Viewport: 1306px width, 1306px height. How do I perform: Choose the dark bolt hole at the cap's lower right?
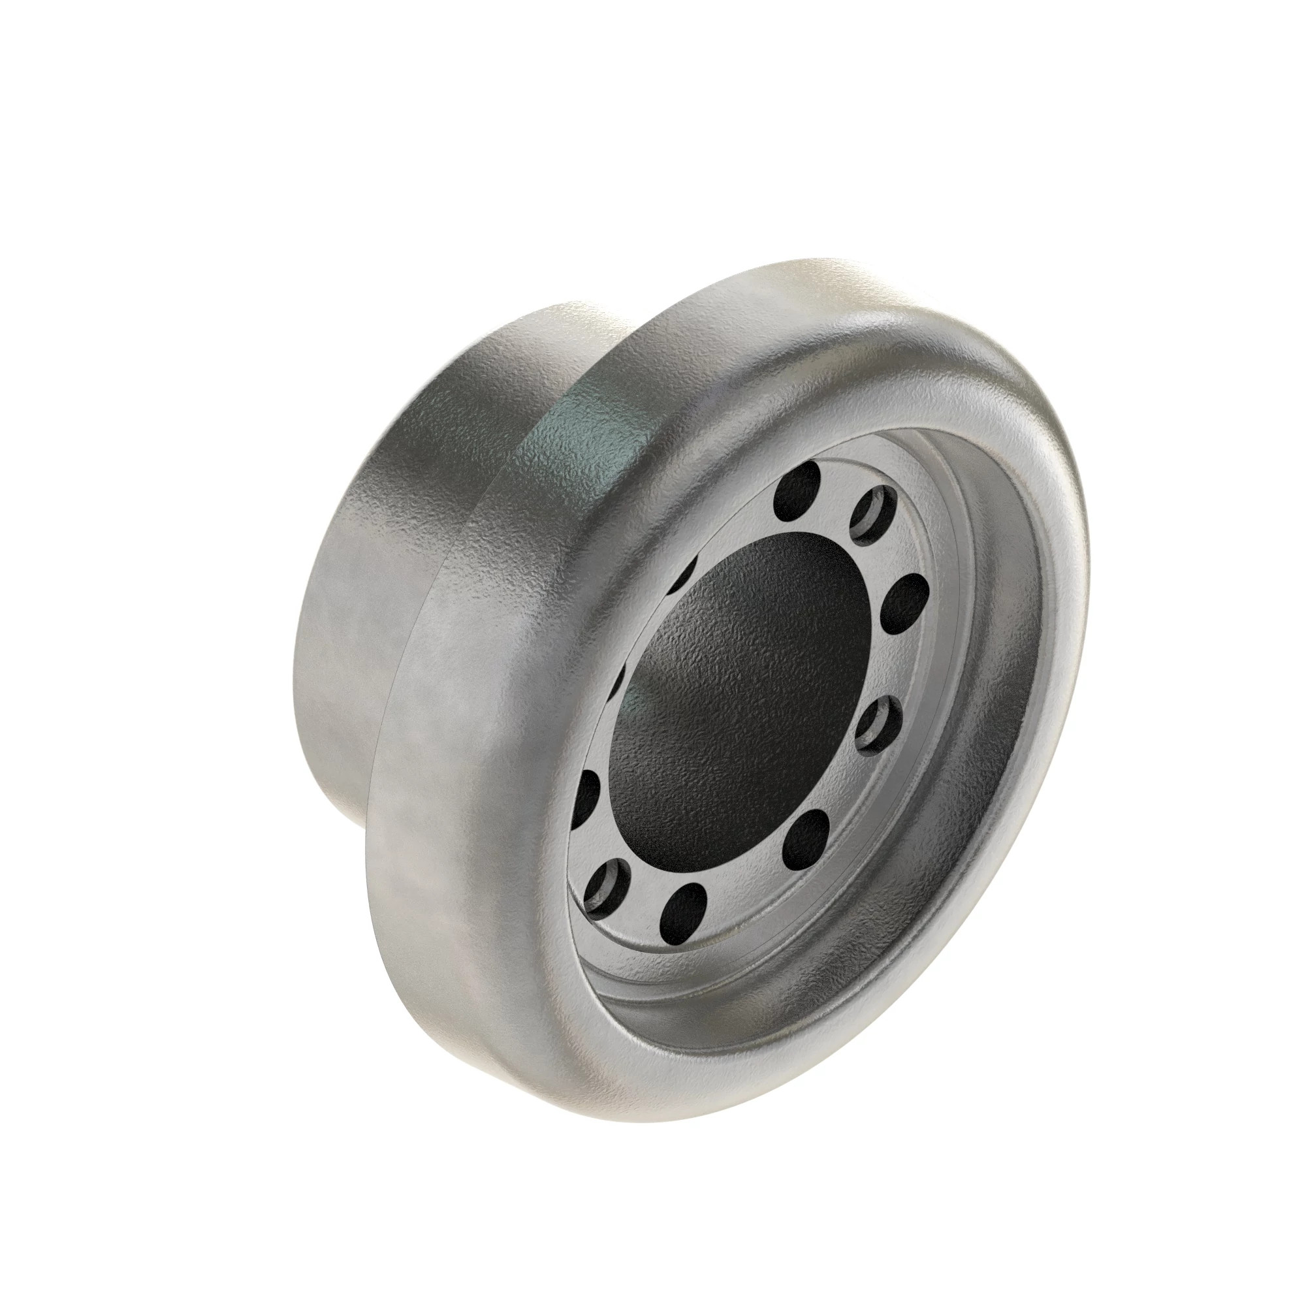coord(806,833)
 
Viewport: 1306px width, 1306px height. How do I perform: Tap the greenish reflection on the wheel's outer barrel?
coord(588,433)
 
